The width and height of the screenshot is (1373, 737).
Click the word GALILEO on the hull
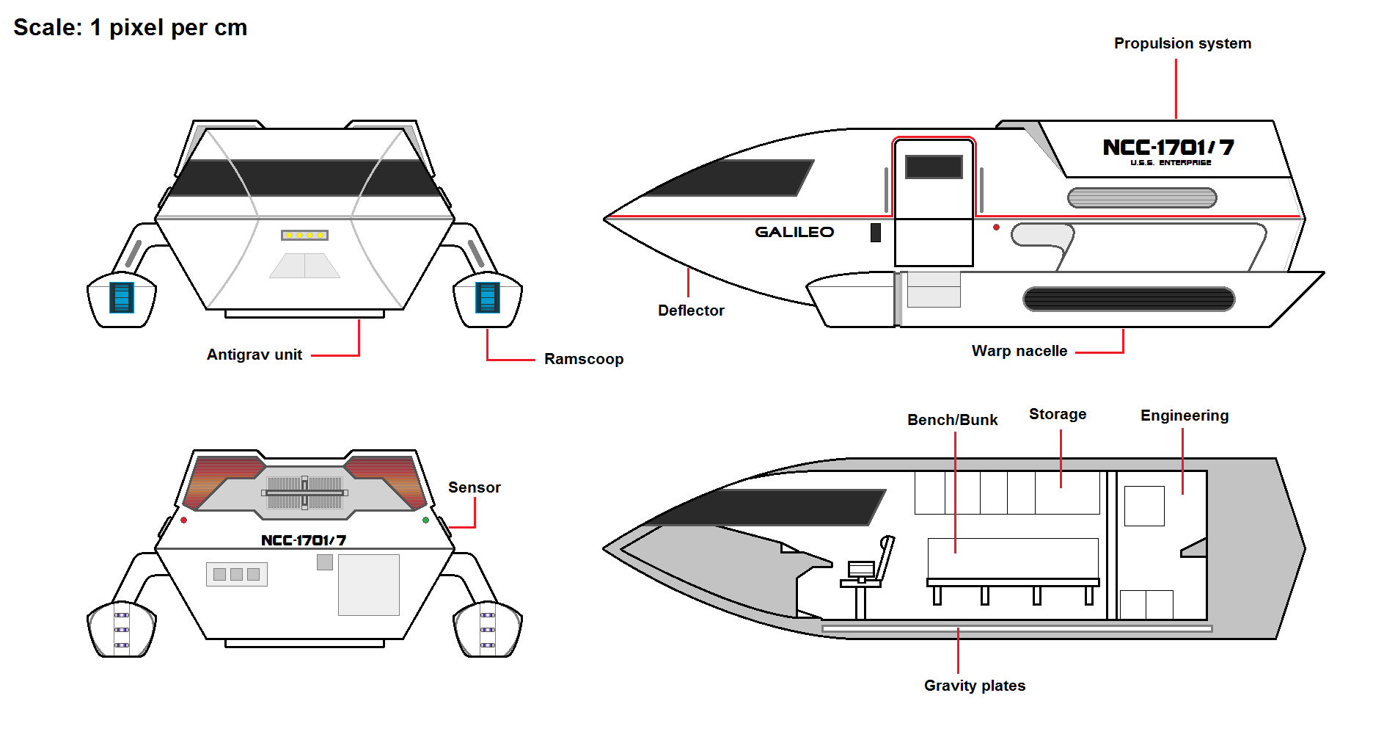[x=794, y=232]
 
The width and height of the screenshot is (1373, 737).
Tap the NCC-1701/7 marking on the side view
[x=1168, y=148]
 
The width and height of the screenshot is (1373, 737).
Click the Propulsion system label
[x=1182, y=43]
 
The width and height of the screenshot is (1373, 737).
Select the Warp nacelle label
[x=1019, y=351]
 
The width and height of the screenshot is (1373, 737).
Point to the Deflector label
[x=691, y=311]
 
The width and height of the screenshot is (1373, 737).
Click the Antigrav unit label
[x=255, y=355]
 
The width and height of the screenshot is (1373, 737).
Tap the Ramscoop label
[x=584, y=359]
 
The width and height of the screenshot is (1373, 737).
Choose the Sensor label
[x=475, y=487]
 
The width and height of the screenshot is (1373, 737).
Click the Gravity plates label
[x=975, y=686]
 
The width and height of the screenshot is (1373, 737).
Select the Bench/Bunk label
[x=952, y=420]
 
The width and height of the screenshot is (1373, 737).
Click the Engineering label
[x=1185, y=415]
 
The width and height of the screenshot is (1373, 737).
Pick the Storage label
[x=1058, y=414]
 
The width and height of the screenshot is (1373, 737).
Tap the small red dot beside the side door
[x=996, y=228]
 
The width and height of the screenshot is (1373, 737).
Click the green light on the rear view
[x=426, y=520]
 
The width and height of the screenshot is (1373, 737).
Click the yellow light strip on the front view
[x=304, y=235]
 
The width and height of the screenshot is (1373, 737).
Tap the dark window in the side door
[x=934, y=167]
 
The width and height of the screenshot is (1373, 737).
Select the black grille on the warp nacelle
[x=1129, y=299]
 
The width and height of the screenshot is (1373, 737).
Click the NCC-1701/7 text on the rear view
[x=304, y=540]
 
